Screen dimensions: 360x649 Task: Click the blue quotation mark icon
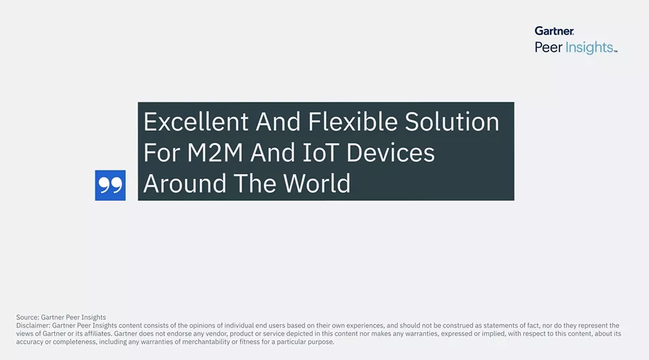click(x=110, y=185)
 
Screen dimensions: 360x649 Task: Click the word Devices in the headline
click(x=391, y=153)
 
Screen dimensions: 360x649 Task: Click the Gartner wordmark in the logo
click(x=554, y=31)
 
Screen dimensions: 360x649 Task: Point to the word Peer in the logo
click(x=549, y=47)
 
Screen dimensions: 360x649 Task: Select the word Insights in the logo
click(x=590, y=47)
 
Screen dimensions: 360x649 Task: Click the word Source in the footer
click(x=27, y=317)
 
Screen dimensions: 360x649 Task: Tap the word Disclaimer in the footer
click(x=33, y=325)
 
